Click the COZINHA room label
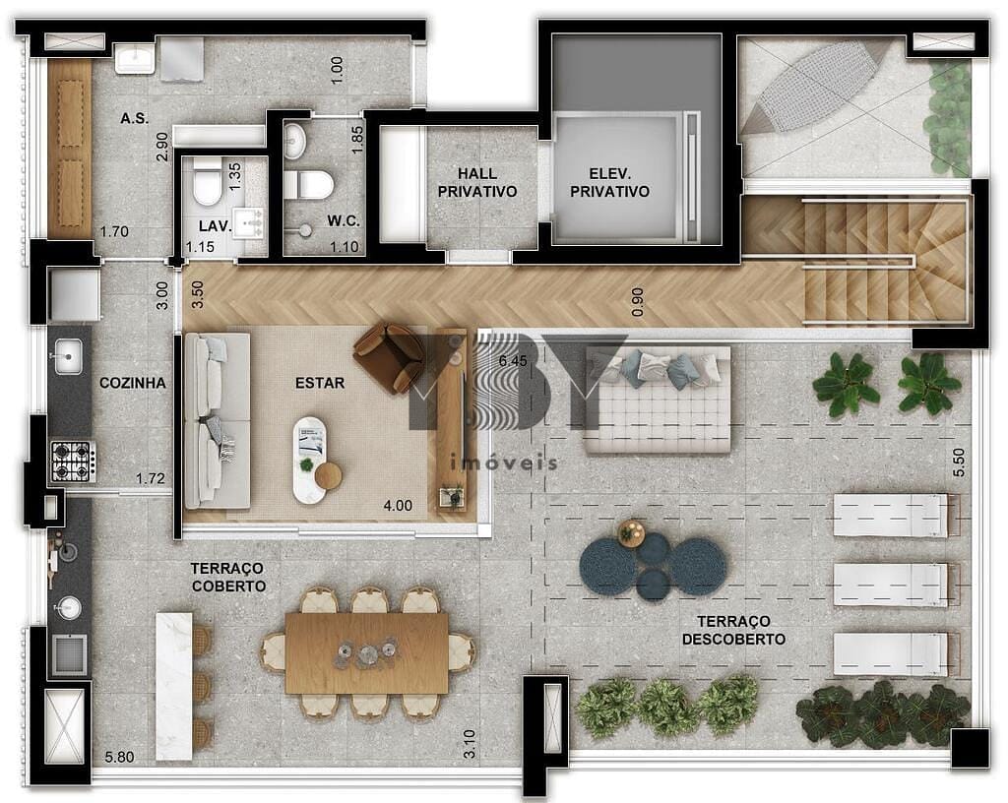(x=132, y=383)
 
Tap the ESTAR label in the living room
(x=320, y=383)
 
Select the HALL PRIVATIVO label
(x=477, y=183)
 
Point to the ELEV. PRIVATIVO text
(x=610, y=183)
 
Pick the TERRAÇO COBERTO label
(x=228, y=577)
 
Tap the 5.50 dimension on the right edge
(x=959, y=463)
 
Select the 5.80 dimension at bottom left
(x=119, y=757)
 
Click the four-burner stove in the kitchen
(x=73, y=462)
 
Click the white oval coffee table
(x=309, y=459)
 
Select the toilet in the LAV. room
(x=208, y=181)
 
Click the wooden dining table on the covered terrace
(x=366, y=652)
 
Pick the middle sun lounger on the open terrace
(x=891, y=585)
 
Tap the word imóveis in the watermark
(x=503, y=463)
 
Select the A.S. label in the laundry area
(x=134, y=118)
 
